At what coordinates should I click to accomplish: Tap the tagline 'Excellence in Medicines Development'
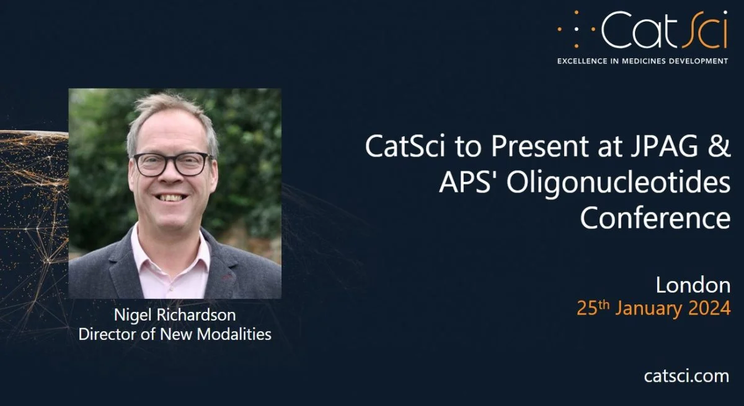coord(643,61)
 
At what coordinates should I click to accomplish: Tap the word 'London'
coord(693,285)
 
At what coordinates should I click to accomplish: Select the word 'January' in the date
coord(649,309)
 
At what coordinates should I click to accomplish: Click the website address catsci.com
coord(686,376)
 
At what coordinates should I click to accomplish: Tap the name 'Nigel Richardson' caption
coord(175,315)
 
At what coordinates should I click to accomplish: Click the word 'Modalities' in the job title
coord(234,334)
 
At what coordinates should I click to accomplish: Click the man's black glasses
coord(173,164)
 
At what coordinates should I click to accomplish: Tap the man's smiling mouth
coord(170,198)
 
